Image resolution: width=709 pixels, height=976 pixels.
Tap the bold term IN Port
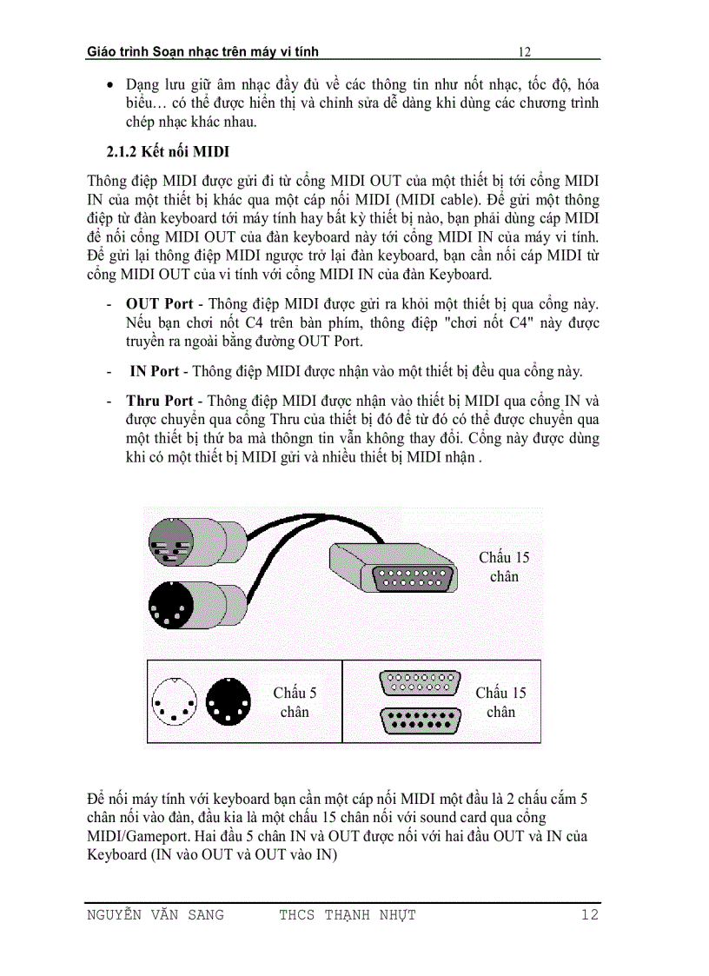pyautogui.click(x=155, y=371)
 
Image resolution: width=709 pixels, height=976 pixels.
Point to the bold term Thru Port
pyautogui.click(x=159, y=401)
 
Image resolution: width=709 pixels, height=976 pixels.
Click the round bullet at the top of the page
pyautogui.click(x=109, y=86)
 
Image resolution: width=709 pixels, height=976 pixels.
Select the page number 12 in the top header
pyautogui.click(x=524, y=52)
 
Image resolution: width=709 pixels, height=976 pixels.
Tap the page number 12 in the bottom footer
pyautogui.click(x=589, y=914)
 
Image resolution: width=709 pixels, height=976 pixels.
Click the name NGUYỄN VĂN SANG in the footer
pyautogui.click(x=156, y=914)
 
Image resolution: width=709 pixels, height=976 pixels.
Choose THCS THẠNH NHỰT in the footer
pyautogui.click(x=348, y=914)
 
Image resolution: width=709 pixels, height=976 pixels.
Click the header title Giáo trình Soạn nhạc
pyautogui.click(x=202, y=52)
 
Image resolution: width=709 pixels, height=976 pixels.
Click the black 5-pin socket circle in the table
pyautogui.click(x=228, y=700)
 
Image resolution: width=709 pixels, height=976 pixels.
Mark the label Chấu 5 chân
pyautogui.click(x=295, y=702)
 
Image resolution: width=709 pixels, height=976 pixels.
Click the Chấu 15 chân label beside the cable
pyautogui.click(x=504, y=567)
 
